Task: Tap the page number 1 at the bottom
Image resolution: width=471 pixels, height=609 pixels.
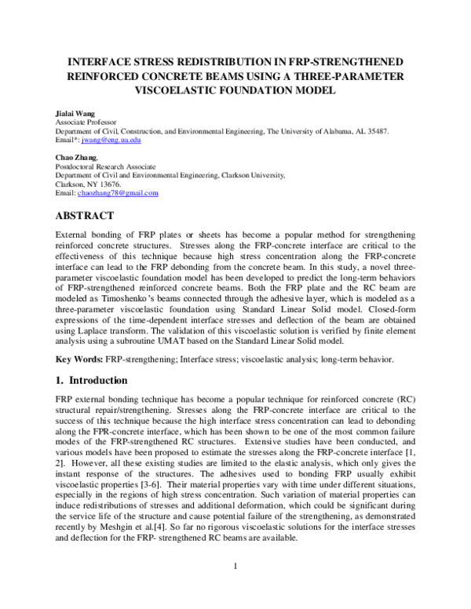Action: click(x=235, y=585)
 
